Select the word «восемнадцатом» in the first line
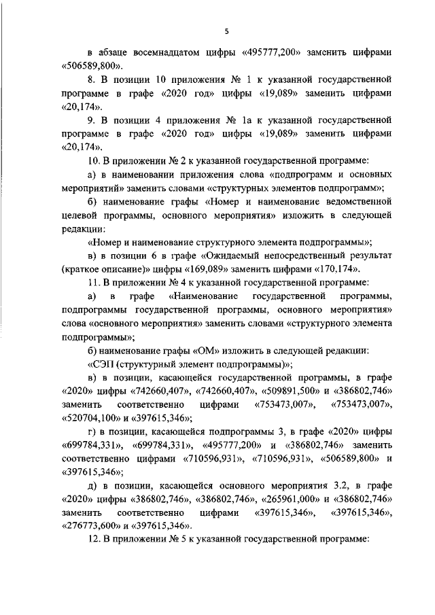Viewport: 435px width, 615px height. (x=161, y=52)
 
